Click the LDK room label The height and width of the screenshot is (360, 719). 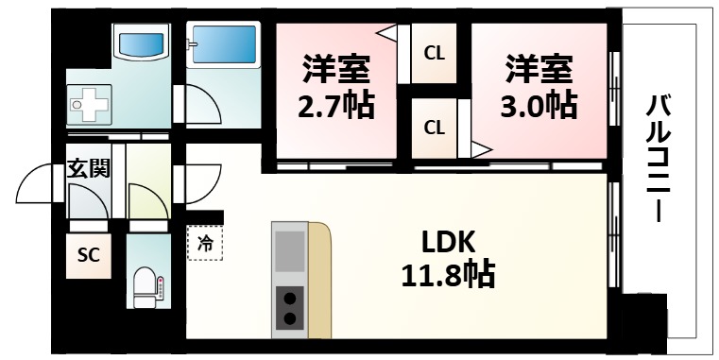tap(443, 241)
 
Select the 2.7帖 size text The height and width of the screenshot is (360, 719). tap(336, 104)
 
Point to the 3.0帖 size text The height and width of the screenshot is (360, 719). tap(539, 104)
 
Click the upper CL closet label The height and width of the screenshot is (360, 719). tap(434, 54)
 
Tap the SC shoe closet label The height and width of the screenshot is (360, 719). tap(88, 256)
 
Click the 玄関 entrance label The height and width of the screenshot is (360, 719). tap(88, 169)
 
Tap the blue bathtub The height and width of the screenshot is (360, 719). tap(223, 44)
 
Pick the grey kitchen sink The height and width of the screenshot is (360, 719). tap(290, 251)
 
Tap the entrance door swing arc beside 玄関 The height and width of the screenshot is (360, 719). tap(40, 184)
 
